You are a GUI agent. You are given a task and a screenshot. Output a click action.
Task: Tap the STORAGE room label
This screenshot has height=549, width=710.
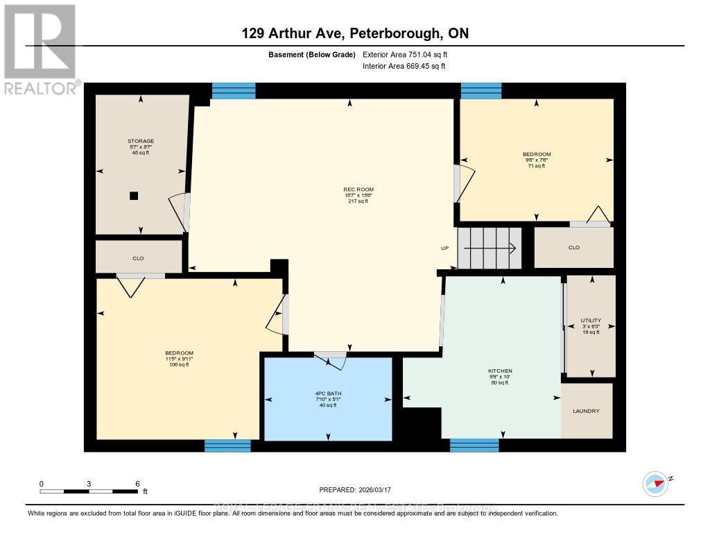pos(141,141)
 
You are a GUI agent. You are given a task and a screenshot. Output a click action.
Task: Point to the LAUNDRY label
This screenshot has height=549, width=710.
pos(586,411)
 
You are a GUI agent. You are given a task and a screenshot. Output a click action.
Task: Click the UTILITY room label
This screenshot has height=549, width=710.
pos(591,320)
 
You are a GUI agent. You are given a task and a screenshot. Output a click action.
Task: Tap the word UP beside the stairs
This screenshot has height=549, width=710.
pos(445,248)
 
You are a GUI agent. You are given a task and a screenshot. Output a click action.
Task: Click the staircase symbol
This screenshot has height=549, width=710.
pos(490,247)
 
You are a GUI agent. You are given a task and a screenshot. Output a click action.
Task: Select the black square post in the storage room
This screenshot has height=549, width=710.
pos(134,196)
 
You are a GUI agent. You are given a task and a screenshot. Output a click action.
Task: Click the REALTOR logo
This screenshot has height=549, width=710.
pos(40,49)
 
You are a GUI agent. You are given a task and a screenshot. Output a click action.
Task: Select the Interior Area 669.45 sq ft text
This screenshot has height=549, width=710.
pos(404,67)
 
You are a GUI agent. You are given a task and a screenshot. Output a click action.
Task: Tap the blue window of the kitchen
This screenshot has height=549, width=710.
pos(474,446)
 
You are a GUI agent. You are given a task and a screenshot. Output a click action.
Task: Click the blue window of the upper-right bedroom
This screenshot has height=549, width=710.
pos(481,90)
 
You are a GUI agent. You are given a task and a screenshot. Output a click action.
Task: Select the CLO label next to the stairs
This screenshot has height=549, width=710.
pos(573,248)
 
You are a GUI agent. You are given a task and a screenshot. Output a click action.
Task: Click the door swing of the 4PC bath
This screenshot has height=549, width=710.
pos(329,357)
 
